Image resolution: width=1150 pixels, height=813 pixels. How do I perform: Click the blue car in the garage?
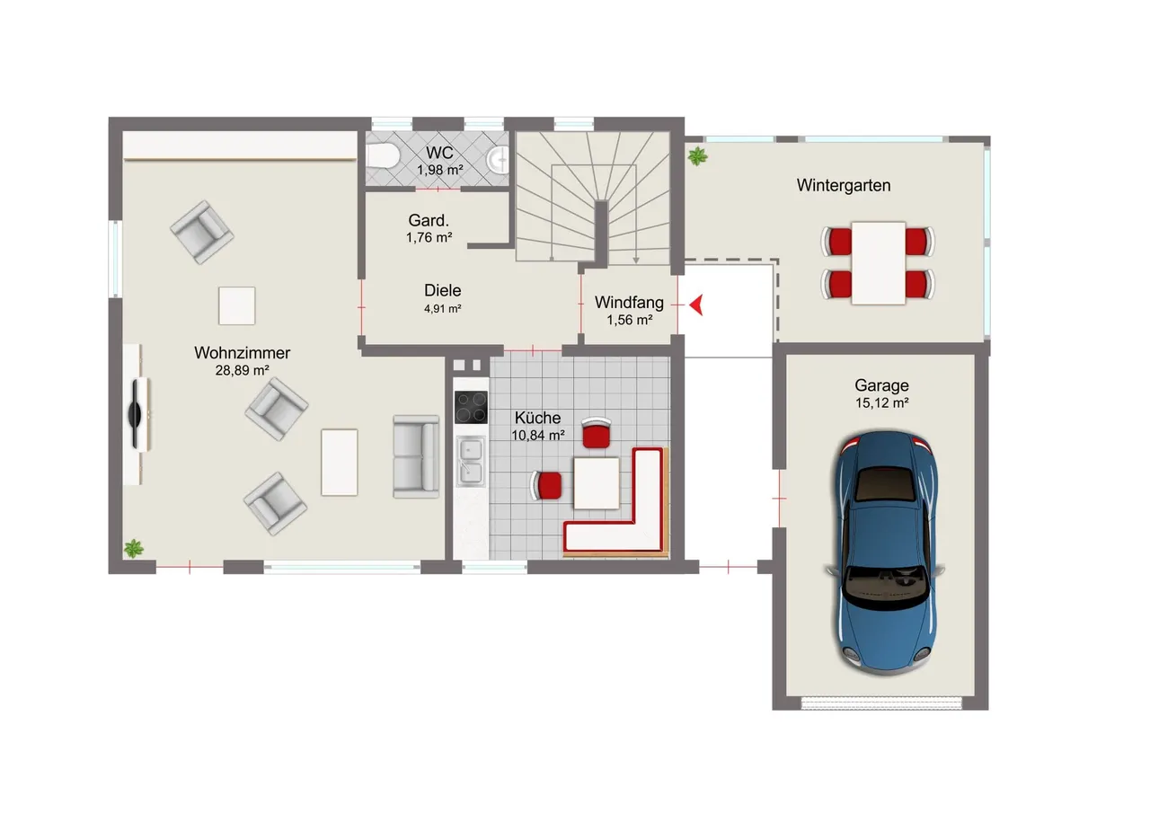click(886, 552)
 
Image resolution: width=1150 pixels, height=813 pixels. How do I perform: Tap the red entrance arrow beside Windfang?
click(696, 305)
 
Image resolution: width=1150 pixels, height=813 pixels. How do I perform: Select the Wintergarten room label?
click(844, 185)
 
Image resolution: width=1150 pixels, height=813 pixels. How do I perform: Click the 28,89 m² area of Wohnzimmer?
click(243, 370)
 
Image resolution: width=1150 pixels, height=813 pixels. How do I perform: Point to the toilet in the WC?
click(382, 155)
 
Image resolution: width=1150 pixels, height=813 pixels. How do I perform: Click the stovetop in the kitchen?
click(471, 407)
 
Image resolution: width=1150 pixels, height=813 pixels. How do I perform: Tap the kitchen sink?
click(470, 461)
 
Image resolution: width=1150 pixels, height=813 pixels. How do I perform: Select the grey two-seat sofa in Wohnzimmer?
click(416, 456)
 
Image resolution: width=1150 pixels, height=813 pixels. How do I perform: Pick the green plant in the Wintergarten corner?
click(697, 156)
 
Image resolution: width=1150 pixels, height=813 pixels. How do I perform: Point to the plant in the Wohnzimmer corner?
click(134, 548)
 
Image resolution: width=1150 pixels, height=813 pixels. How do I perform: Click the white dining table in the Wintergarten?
click(879, 263)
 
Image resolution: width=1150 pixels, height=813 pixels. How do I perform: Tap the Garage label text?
click(881, 385)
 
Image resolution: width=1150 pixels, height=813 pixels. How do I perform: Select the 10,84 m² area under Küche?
click(538, 435)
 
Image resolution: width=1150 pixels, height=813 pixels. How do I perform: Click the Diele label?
click(443, 290)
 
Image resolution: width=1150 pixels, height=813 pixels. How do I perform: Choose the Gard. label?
click(429, 220)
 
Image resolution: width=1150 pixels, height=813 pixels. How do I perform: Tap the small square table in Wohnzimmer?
click(236, 306)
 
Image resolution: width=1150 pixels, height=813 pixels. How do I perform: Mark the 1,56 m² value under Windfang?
click(630, 321)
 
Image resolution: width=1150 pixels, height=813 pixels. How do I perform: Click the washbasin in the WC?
click(499, 160)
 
